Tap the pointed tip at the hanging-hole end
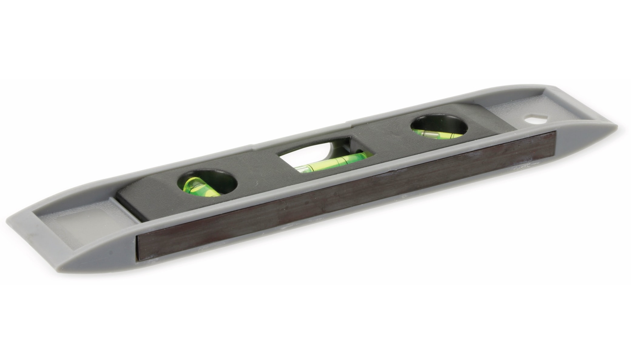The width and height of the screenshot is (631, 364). pos(614,126)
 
